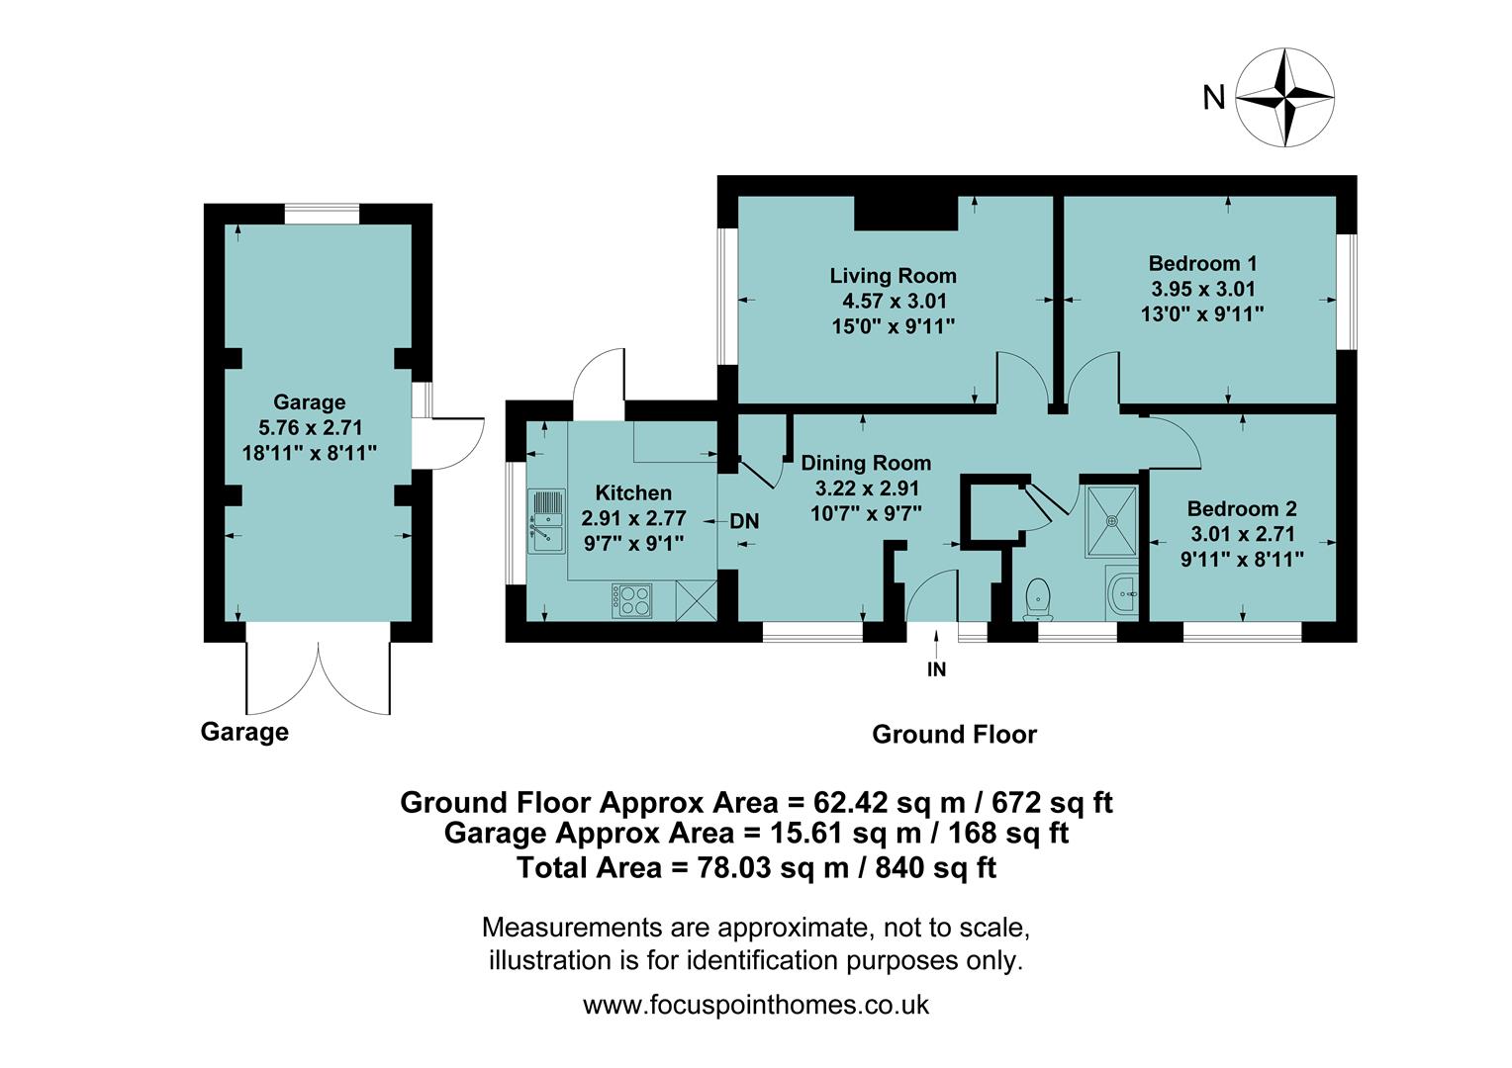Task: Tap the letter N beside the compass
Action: [x=1213, y=98]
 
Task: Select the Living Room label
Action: [x=893, y=276]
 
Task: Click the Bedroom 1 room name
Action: [x=1202, y=264]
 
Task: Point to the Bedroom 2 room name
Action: [x=1242, y=509]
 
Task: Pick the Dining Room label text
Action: [x=866, y=463]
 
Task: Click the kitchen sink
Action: [x=546, y=521]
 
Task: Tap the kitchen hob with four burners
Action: [x=634, y=599]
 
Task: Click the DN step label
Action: [x=744, y=521]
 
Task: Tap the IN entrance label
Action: [x=936, y=669]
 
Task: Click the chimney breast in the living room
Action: [x=905, y=212]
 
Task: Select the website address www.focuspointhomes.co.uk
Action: [x=756, y=1005]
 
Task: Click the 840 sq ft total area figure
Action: [x=931, y=868]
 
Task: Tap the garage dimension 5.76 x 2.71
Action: [x=310, y=427]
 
